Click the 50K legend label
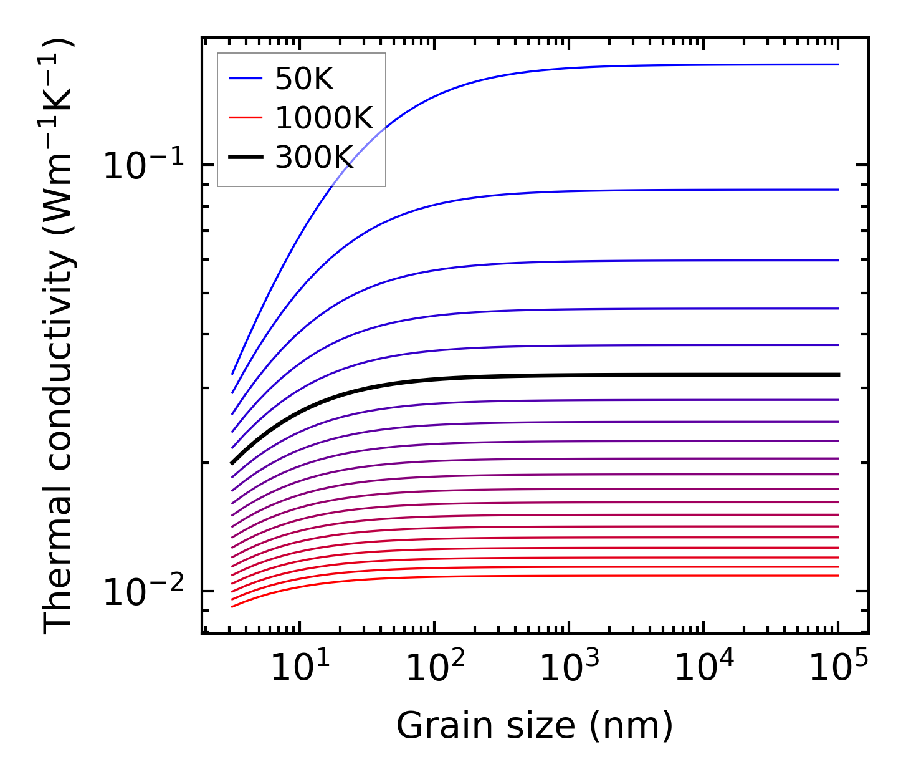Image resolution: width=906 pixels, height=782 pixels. (304, 79)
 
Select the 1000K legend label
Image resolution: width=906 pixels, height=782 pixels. (323, 118)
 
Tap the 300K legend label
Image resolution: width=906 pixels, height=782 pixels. (314, 158)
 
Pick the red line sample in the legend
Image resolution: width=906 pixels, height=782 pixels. (246, 118)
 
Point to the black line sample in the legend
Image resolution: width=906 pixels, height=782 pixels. (246, 158)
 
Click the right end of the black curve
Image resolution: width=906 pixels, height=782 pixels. (838, 375)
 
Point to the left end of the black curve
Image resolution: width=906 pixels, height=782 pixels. (232, 463)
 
